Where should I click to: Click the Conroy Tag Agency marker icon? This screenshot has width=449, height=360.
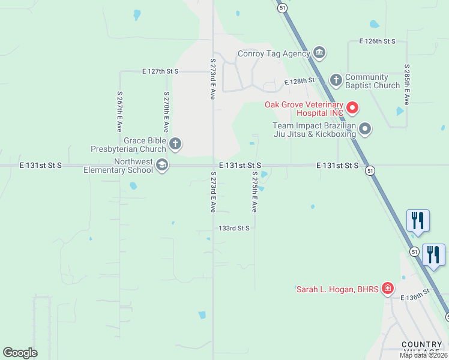coord(319,53)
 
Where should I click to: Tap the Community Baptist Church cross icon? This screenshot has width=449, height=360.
coord(336,79)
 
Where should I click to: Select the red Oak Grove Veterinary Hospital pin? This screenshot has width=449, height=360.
coord(352,108)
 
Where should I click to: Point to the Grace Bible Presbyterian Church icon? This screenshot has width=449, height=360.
coord(175,143)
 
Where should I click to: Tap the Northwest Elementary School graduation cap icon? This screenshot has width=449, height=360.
coord(161,165)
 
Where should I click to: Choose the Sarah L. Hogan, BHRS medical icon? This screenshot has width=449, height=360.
coord(388,289)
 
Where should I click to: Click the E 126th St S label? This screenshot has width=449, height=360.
coord(378,41)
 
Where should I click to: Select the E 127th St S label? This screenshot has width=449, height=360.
coord(160,71)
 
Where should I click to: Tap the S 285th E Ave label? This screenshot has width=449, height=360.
coord(407,85)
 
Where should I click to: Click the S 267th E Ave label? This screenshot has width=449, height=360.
coord(119,112)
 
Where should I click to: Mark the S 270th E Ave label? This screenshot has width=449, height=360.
coord(166,112)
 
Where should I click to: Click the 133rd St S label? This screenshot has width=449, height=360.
coord(234,228)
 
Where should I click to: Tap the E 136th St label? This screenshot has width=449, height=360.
coord(417,295)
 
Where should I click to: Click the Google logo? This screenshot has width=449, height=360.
coord(20,352)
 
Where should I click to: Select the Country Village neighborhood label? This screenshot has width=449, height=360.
coord(423,348)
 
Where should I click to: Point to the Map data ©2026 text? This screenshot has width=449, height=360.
coord(424,356)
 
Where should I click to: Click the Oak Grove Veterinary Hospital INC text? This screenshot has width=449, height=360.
coord(304,109)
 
